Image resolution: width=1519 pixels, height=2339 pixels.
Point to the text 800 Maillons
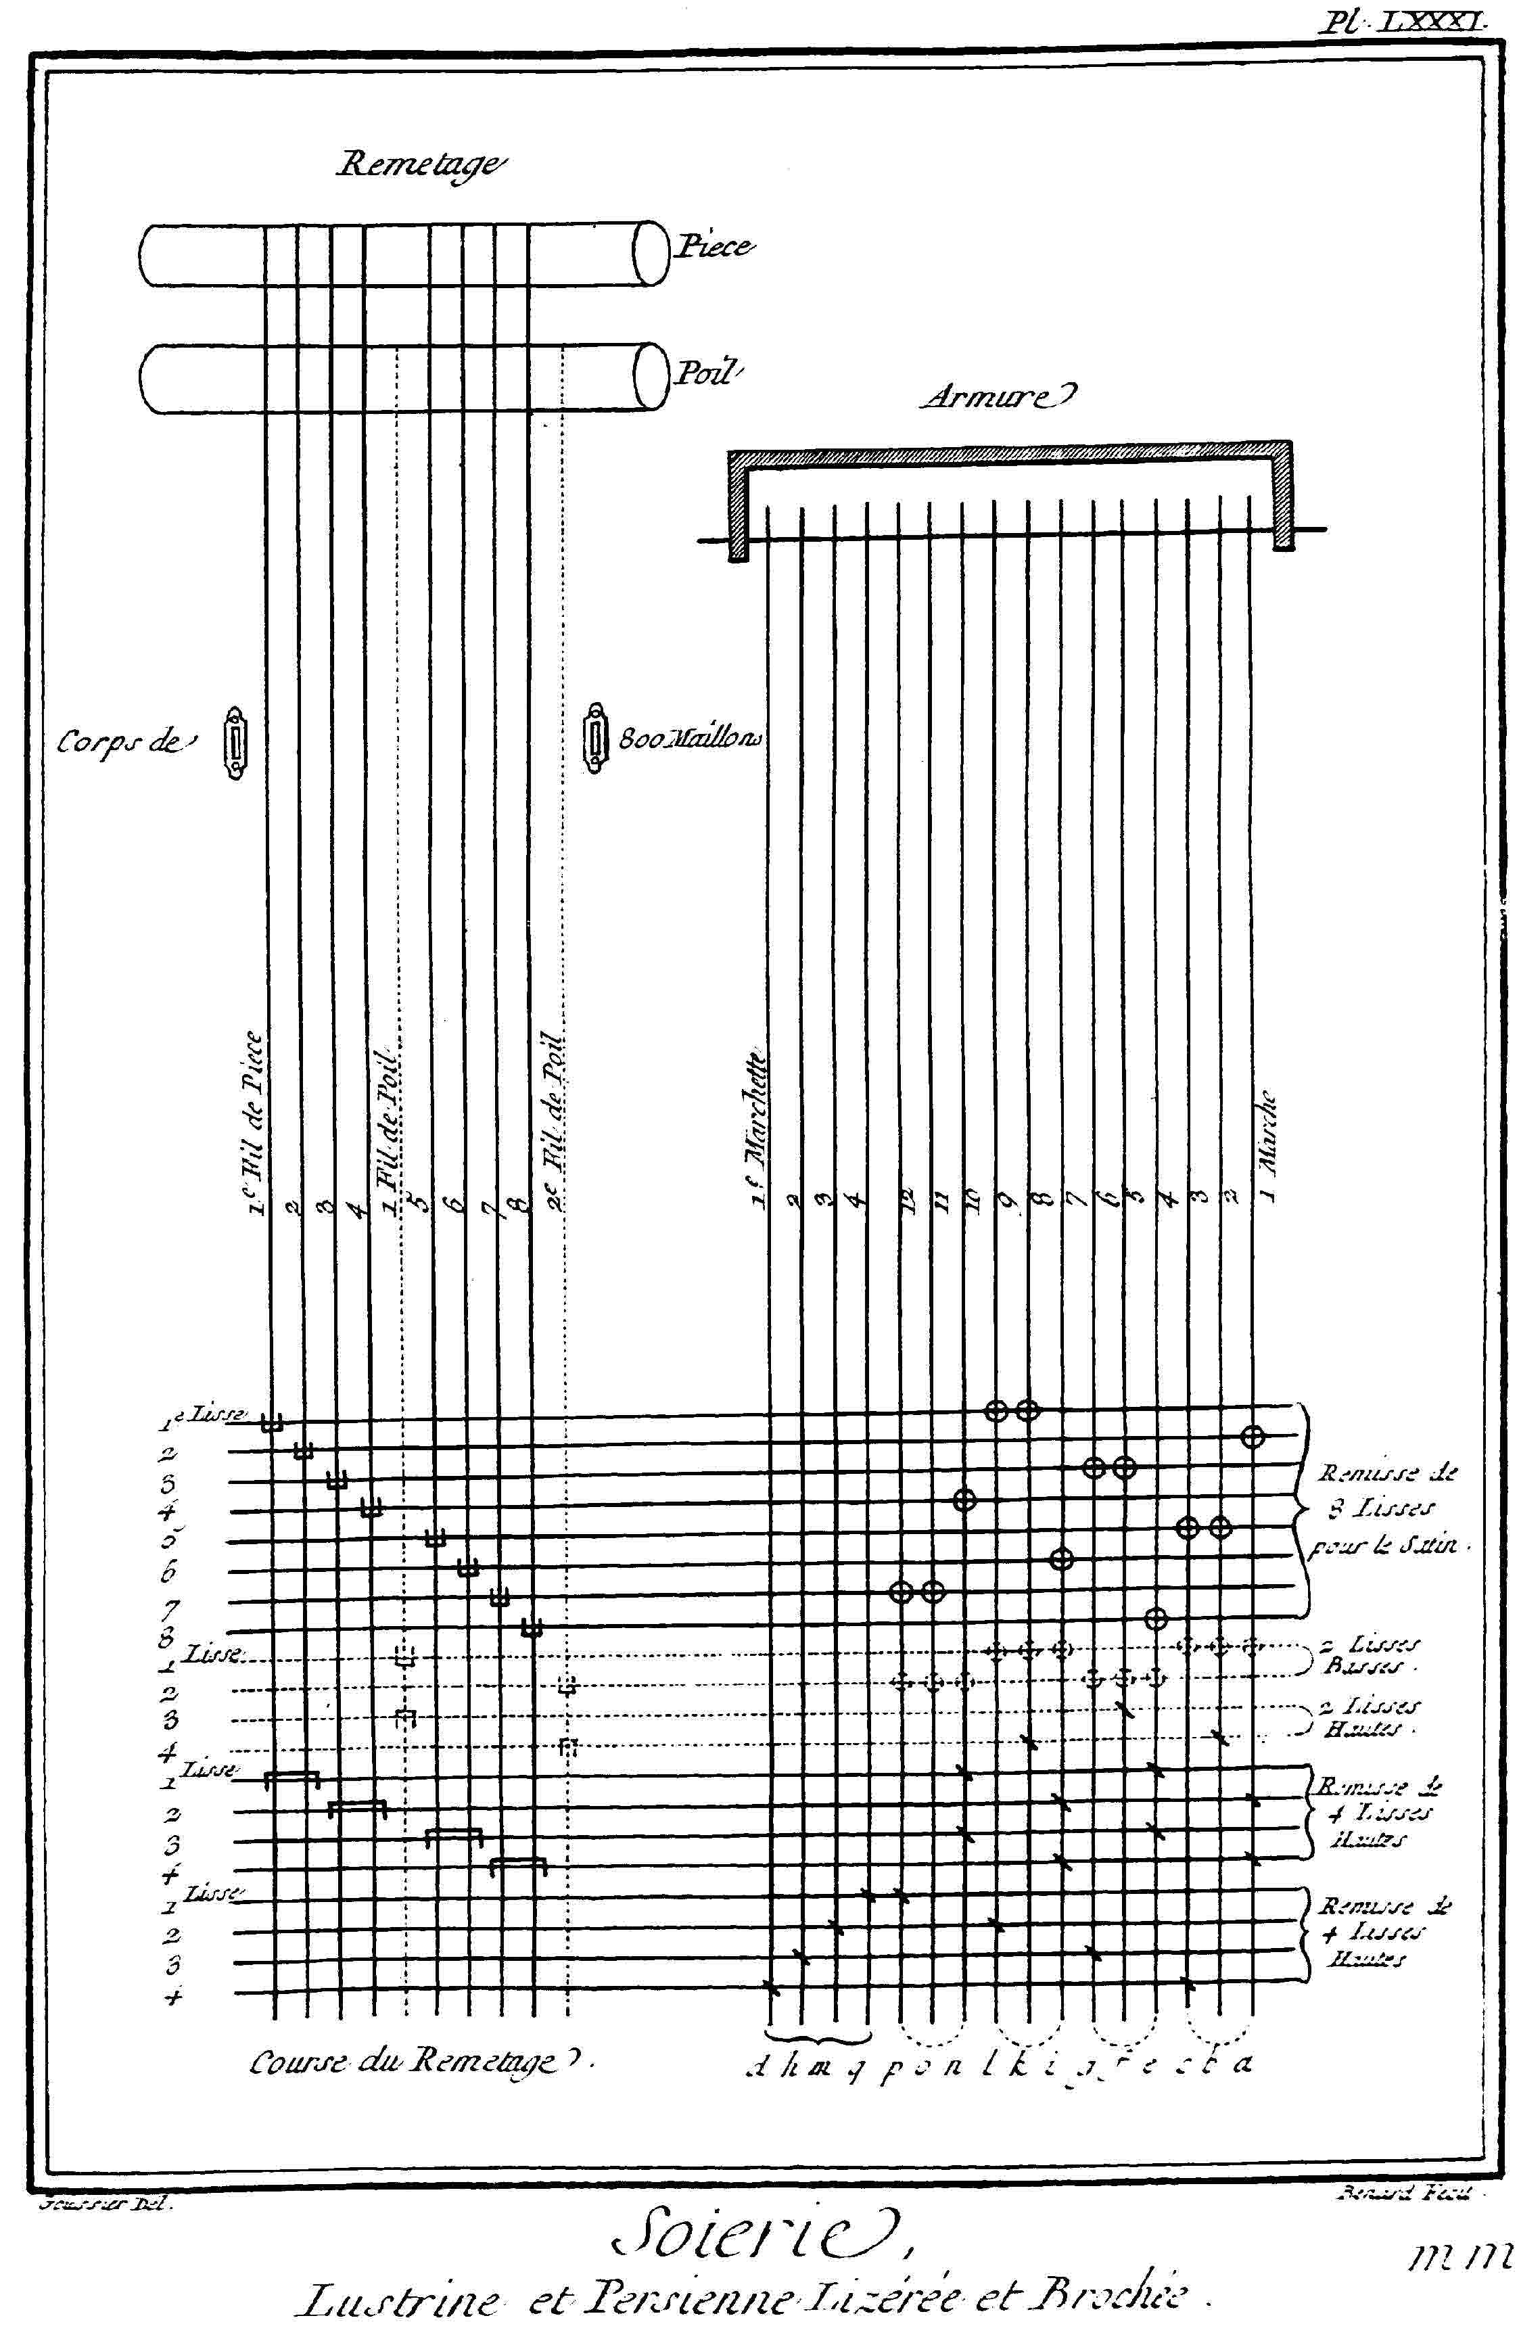coord(691,740)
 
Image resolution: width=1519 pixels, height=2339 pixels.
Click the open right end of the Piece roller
coord(649,254)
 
